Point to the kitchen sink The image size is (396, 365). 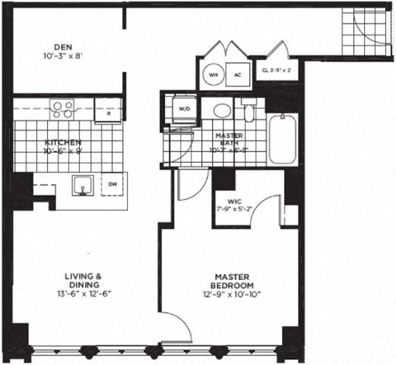(x=82, y=184)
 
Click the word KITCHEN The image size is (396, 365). (x=62, y=143)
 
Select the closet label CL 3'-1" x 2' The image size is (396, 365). (x=276, y=71)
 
